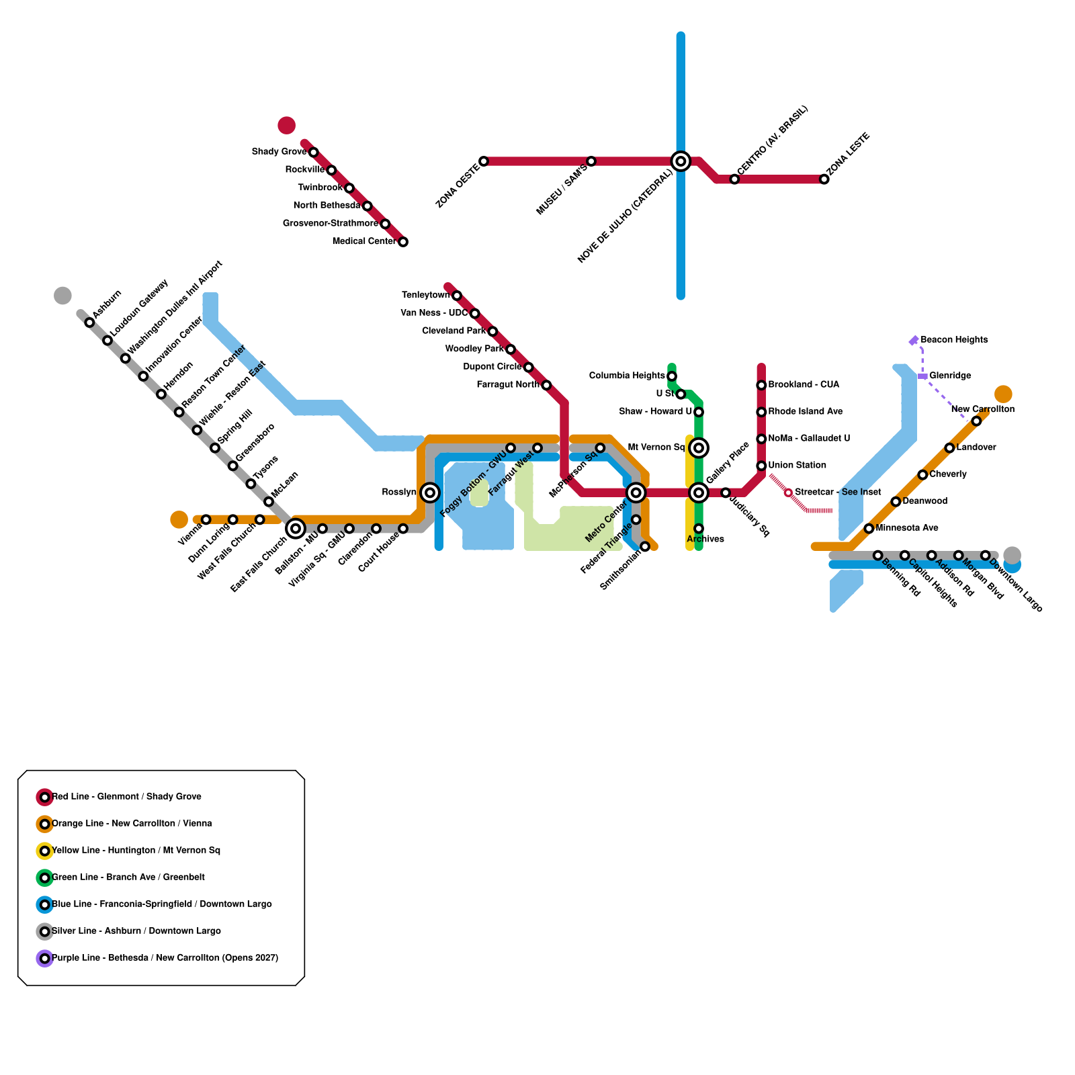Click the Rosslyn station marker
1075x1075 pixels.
(x=430, y=492)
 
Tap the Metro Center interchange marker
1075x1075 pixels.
(x=636, y=492)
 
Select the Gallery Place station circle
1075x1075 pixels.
(x=699, y=492)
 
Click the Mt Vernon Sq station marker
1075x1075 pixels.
(x=699, y=447)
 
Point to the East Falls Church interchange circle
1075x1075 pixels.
(x=296, y=529)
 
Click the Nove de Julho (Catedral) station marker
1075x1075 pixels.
(x=681, y=161)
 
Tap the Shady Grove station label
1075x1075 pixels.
(x=279, y=152)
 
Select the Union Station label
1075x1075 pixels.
(x=797, y=466)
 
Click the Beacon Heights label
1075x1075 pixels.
(x=954, y=340)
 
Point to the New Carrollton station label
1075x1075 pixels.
(x=982, y=409)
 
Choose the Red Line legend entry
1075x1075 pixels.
(x=126, y=797)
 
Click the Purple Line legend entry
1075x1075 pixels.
(x=165, y=958)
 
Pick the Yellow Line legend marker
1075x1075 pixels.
(x=44, y=851)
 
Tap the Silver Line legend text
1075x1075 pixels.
(x=136, y=931)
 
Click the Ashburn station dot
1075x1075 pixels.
(x=89, y=322)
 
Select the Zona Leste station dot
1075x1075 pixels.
(x=824, y=179)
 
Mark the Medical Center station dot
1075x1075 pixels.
(x=403, y=242)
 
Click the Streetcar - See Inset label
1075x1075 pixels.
(x=838, y=492)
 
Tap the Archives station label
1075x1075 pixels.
(x=705, y=540)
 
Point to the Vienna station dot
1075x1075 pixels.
(x=206, y=519)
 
